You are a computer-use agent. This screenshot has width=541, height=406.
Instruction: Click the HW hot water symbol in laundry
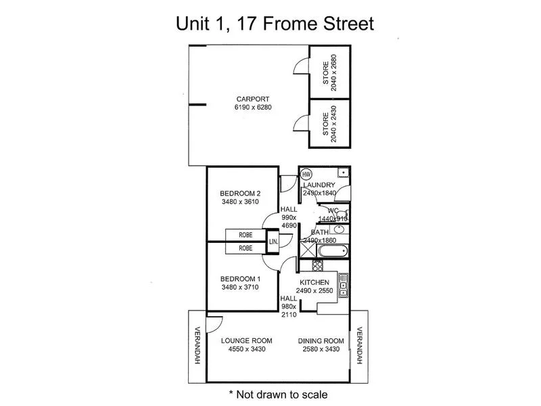coord(306,173)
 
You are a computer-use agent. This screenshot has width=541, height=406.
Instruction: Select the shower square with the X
coord(308,249)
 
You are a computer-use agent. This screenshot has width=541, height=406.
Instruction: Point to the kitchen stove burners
coord(308,265)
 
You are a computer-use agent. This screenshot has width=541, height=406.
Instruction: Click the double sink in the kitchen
coord(344,286)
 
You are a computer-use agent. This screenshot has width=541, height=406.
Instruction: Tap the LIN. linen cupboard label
coord(274,242)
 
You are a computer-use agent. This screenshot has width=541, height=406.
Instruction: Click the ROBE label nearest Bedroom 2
coord(245,235)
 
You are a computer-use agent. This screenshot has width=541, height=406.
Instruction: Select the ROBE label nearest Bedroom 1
coord(245,249)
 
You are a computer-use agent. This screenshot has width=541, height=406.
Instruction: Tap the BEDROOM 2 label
coord(241,193)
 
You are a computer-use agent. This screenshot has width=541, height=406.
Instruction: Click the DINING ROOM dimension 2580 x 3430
coord(321,350)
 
